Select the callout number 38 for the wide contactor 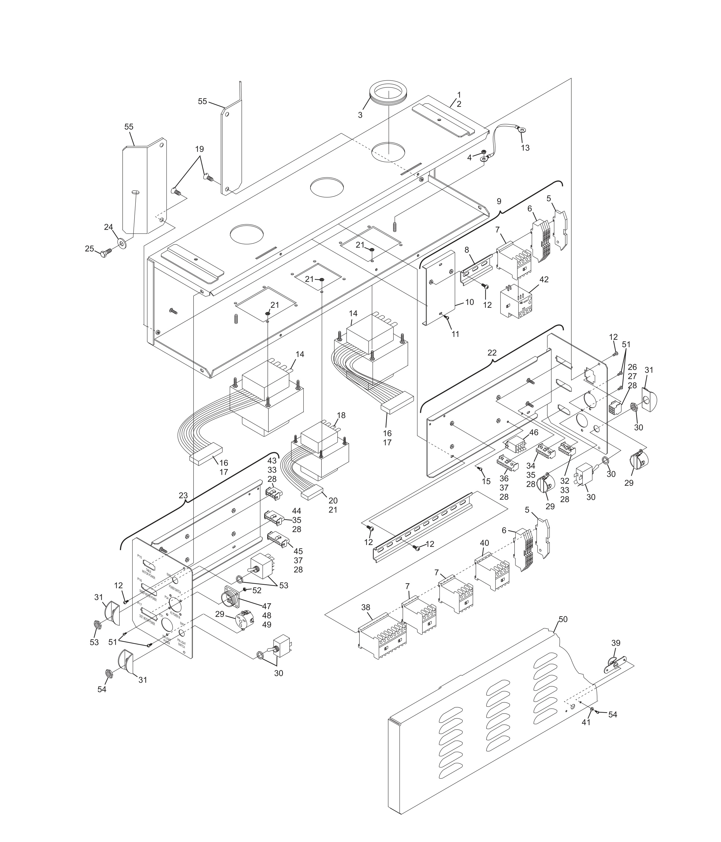click(366, 618)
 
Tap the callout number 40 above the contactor click(484, 543)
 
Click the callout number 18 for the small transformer click(341, 415)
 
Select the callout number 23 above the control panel click(183, 496)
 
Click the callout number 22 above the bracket click(492, 353)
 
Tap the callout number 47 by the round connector click(266, 606)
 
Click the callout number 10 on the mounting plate click(469, 302)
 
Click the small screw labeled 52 click(245, 590)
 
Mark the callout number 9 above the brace click(499, 201)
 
